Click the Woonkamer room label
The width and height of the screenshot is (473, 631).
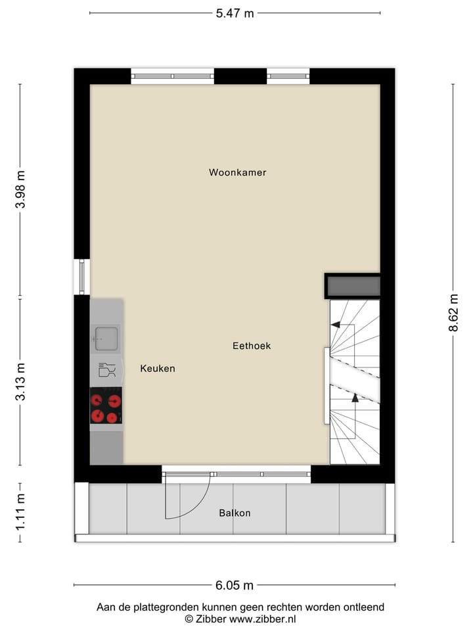[237, 173]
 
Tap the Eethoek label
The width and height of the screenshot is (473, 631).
[252, 346]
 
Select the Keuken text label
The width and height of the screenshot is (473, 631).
[158, 369]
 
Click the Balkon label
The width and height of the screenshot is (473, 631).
[235, 513]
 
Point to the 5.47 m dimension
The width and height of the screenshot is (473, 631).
[235, 13]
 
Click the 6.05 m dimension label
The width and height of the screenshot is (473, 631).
[235, 585]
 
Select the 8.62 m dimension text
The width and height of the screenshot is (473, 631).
[453, 314]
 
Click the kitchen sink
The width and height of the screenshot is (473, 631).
[106, 339]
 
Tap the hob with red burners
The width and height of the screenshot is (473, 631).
[106, 407]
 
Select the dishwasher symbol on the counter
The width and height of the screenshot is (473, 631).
[106, 370]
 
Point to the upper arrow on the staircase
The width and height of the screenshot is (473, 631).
[336, 324]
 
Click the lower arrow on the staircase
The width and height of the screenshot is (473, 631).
[355, 398]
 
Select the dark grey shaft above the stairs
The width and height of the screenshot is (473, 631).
[353, 286]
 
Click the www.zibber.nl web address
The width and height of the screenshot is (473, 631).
[263, 619]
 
